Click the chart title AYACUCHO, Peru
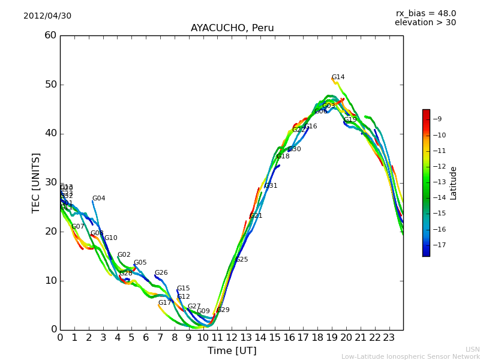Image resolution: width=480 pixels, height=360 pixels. click(232, 28)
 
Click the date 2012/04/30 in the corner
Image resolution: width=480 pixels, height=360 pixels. click(47, 16)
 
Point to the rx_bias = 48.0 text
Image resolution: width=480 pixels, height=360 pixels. click(425, 14)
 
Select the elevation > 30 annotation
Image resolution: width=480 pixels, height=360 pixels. click(425, 23)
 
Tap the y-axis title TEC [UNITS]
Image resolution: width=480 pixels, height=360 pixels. click(37, 182)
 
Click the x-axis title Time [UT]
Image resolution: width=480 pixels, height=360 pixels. click(232, 351)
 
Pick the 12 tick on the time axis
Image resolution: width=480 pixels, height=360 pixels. click(232, 338)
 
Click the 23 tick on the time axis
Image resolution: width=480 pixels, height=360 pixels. click(389, 338)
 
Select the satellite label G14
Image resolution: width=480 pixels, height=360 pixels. click(338, 77)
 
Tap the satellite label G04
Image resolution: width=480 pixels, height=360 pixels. click(98, 199)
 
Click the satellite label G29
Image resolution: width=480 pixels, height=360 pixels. click(223, 310)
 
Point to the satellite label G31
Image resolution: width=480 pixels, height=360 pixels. click(271, 186)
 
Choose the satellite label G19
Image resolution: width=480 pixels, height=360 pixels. click(350, 120)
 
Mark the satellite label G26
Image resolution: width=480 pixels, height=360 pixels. click(161, 273)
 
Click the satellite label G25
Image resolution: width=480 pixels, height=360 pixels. click(241, 260)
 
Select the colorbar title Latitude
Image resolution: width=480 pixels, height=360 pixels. click(454, 183)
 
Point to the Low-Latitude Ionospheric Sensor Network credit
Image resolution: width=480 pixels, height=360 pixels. click(410, 357)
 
